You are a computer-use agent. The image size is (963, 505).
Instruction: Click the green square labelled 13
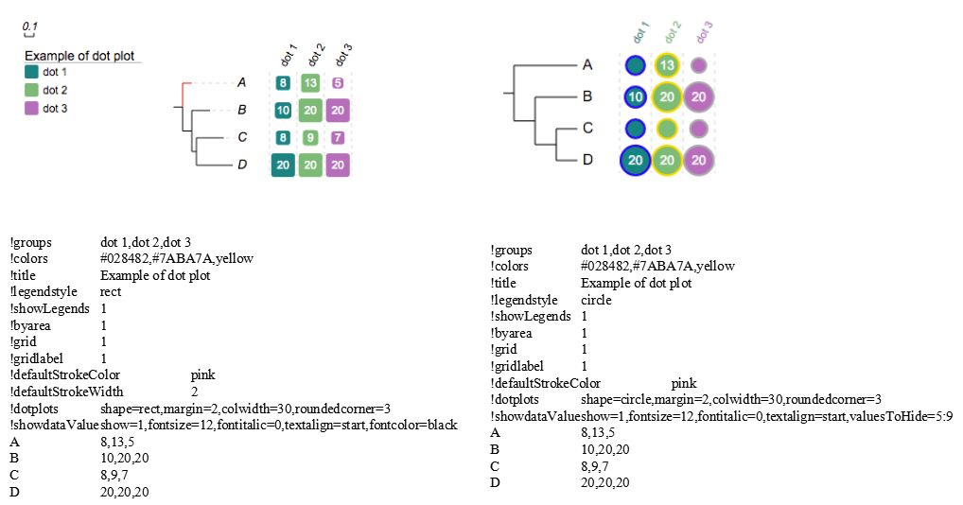[310, 83]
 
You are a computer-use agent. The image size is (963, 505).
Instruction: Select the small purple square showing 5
[338, 83]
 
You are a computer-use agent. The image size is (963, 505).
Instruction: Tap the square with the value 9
[310, 137]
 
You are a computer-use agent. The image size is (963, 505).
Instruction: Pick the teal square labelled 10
[282, 110]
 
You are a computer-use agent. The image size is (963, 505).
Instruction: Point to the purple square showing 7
[338, 137]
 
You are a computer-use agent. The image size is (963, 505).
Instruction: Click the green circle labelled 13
[668, 65]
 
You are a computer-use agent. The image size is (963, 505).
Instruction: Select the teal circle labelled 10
[636, 96]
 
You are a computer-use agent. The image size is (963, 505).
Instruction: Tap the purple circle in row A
[698, 65]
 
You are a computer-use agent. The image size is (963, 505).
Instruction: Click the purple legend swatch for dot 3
[32, 108]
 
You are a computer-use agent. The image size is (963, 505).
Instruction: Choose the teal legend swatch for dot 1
[32, 72]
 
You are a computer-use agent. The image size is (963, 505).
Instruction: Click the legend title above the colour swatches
[79, 56]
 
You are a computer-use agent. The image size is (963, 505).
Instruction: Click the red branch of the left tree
[183, 92]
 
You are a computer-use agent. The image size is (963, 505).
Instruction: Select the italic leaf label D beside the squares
[242, 165]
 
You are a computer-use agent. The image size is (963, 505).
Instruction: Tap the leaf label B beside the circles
[587, 96]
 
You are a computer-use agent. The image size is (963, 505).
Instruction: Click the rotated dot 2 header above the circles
[672, 33]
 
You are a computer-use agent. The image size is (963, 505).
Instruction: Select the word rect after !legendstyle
[111, 292]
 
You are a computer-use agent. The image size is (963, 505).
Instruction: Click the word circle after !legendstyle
[596, 300]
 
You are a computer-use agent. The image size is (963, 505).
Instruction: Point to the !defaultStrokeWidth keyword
[66, 392]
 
